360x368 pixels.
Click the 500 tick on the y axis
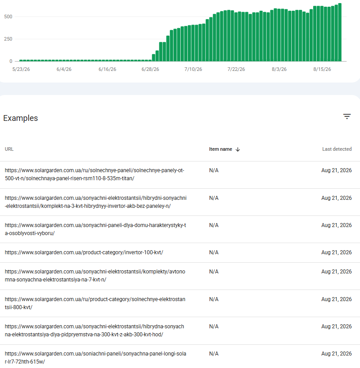(x=8, y=17)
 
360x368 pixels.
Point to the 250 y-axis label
(x=8, y=39)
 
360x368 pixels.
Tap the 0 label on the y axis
(x=11, y=61)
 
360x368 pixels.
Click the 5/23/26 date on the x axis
(x=21, y=69)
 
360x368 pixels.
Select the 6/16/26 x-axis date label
(x=107, y=69)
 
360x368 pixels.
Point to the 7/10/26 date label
(x=193, y=69)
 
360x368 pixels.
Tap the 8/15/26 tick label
(x=322, y=69)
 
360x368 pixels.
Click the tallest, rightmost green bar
(x=340, y=33)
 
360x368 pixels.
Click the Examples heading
(x=21, y=118)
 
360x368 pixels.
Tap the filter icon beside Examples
(x=347, y=116)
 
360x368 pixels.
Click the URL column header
(x=9, y=149)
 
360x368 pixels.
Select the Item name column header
(x=221, y=149)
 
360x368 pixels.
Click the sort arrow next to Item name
(x=238, y=149)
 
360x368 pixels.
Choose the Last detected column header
(x=337, y=149)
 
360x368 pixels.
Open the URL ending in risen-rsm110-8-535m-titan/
(x=95, y=174)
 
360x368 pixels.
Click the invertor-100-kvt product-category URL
(x=84, y=252)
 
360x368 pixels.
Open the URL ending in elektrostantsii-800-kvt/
(x=95, y=303)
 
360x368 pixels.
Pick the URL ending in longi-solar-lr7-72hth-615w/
(x=95, y=358)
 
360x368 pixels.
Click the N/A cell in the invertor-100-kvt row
(x=214, y=252)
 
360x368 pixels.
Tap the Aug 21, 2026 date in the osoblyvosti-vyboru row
(x=336, y=225)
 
